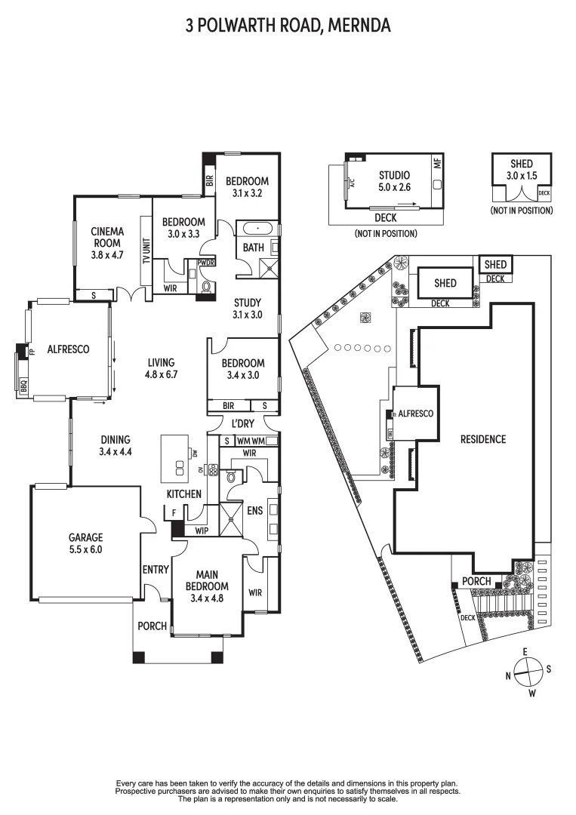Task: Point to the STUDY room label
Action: [247, 309]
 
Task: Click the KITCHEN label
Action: [184, 494]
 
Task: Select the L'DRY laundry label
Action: [242, 423]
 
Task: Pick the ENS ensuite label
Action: [255, 511]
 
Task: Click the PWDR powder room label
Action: [205, 263]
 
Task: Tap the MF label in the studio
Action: [436, 162]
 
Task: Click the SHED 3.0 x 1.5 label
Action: [521, 170]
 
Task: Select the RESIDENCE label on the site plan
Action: [483, 439]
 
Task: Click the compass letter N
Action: [510, 675]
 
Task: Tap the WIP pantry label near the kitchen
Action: [202, 531]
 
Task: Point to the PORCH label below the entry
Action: [152, 626]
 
